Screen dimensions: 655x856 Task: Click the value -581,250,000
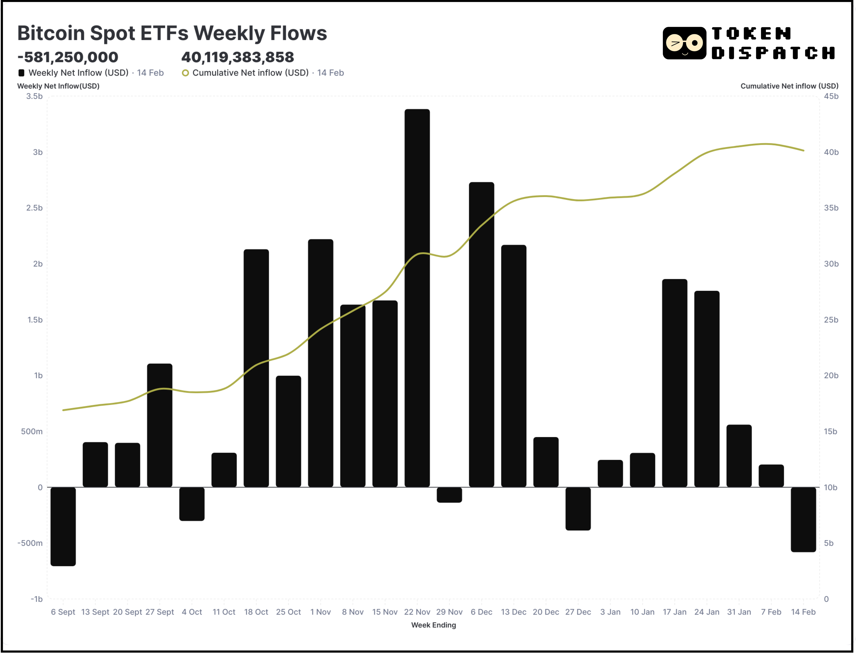click(68, 57)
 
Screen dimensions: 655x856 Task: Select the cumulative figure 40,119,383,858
click(238, 57)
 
